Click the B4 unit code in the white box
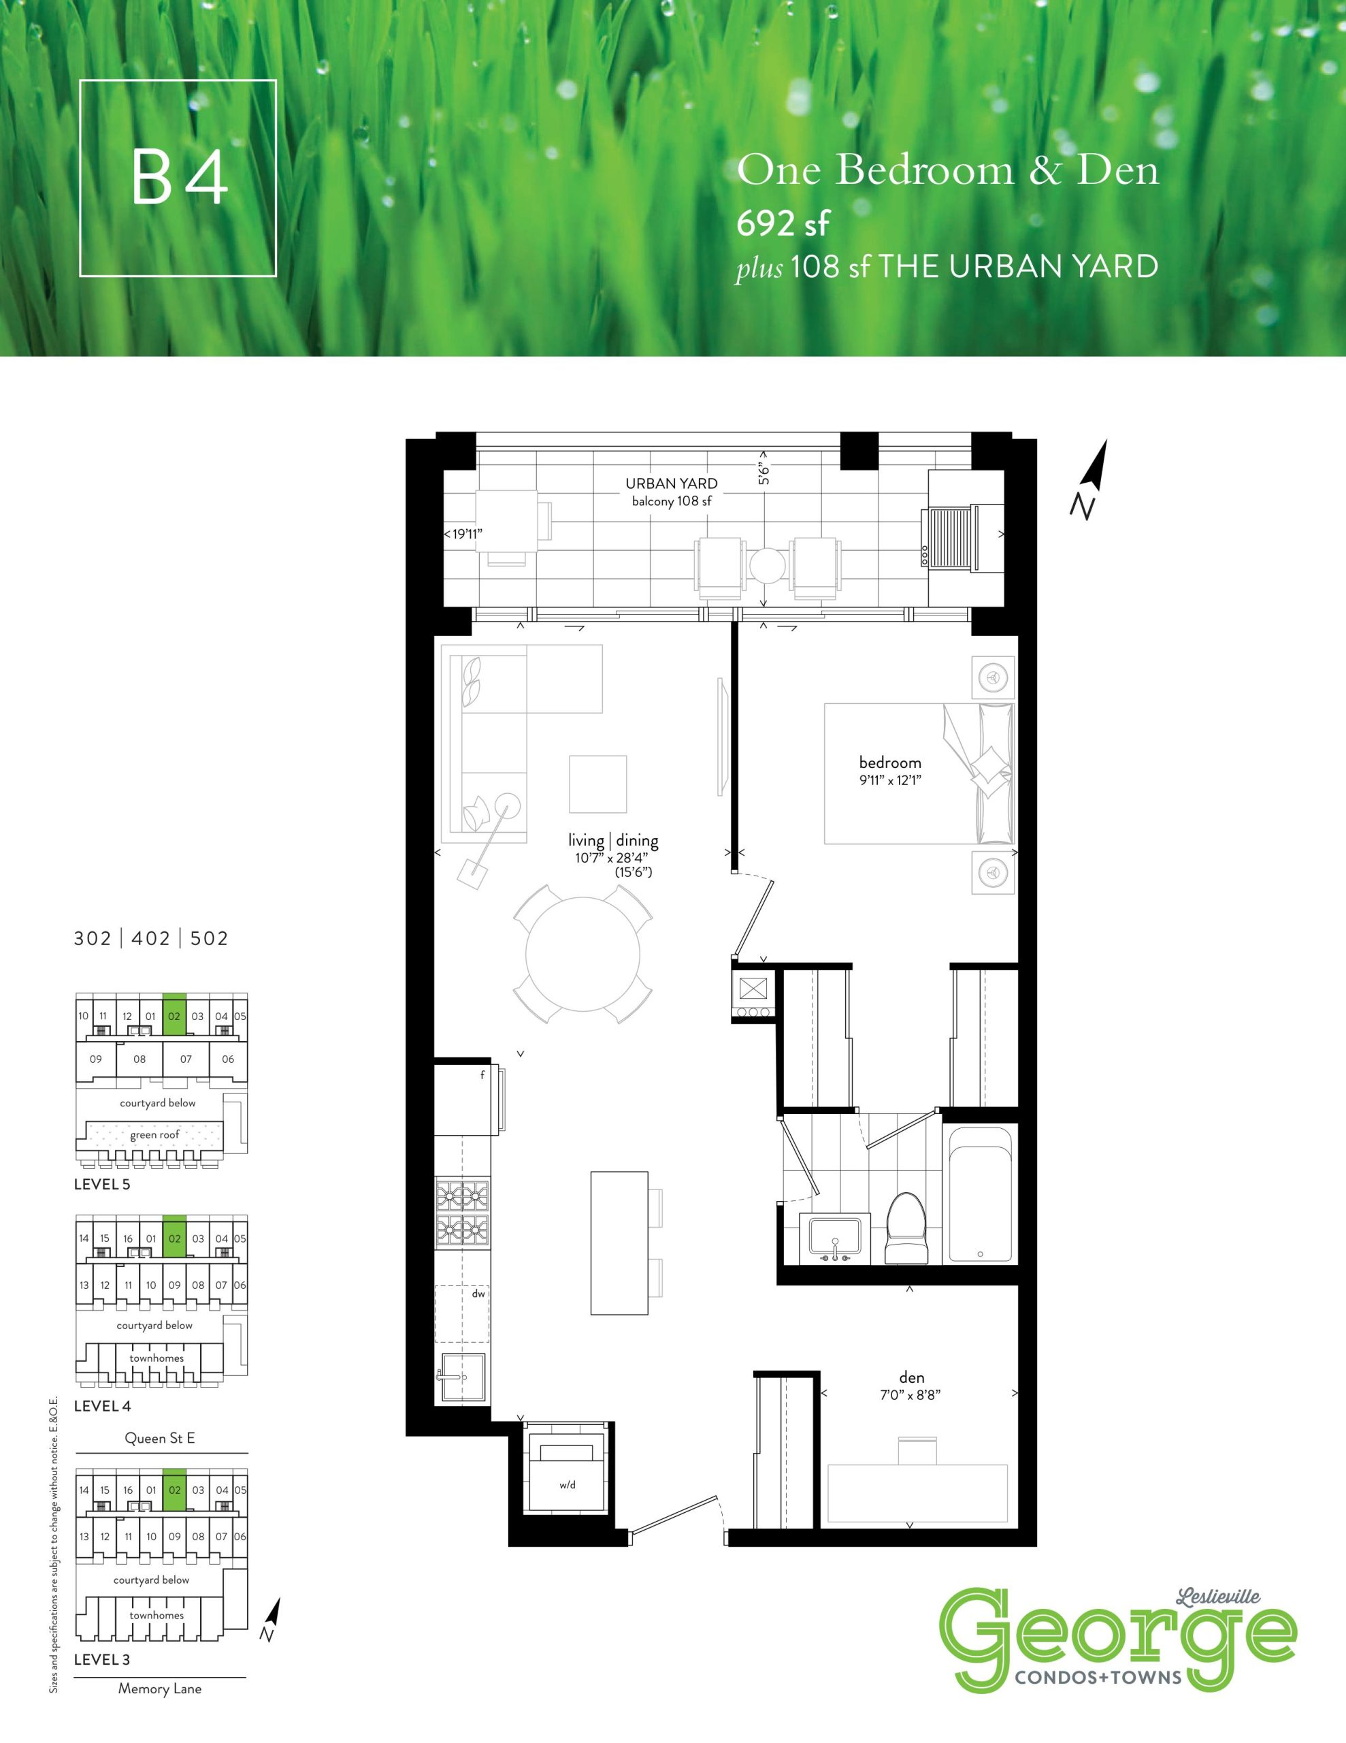click(180, 177)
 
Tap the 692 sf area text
click(783, 223)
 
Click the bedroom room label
click(889, 762)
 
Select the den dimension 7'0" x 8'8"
click(912, 1394)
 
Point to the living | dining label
click(612, 840)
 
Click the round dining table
click(582, 954)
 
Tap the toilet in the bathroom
click(907, 1228)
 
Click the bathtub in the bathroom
click(979, 1194)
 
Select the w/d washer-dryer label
click(568, 1484)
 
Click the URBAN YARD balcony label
click(671, 483)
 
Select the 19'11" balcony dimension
click(467, 534)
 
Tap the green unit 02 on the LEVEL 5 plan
click(174, 1015)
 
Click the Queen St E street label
click(159, 1438)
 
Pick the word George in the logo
click(1117, 1637)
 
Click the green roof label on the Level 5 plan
click(154, 1135)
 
